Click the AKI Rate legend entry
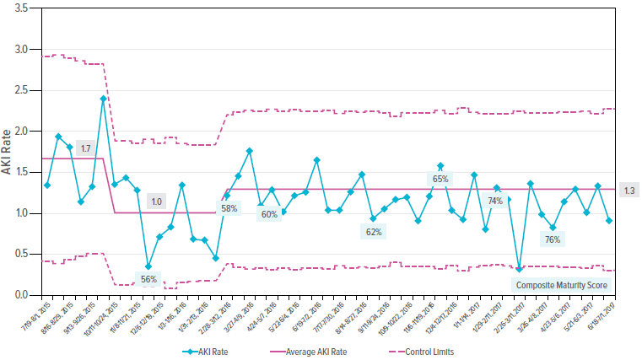(x=208, y=349)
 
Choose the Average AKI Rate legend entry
(x=315, y=349)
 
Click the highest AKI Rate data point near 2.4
(x=103, y=99)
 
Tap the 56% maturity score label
(x=148, y=279)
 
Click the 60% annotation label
(x=269, y=214)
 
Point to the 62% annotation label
(x=375, y=231)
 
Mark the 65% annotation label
(x=440, y=179)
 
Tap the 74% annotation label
(x=494, y=201)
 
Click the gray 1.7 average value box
(x=85, y=148)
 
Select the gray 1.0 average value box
(x=156, y=201)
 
